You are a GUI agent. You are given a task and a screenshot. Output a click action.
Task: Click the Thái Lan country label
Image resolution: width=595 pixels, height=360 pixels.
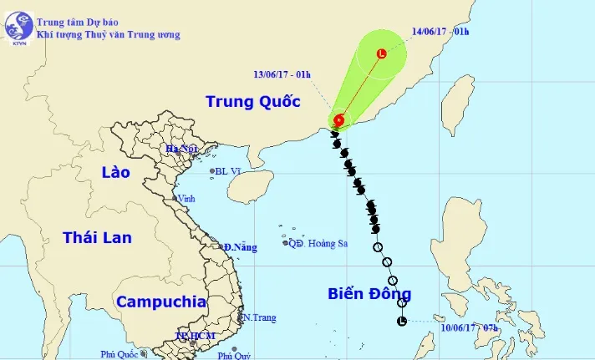pyautogui.click(x=97, y=238)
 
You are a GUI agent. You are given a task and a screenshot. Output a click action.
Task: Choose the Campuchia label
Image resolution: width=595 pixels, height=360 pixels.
pyautogui.click(x=161, y=302)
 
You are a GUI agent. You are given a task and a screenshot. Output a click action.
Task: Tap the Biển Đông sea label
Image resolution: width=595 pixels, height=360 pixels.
pyautogui.click(x=369, y=294)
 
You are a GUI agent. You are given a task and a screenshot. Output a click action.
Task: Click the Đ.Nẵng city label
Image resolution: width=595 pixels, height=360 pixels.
pyautogui.click(x=241, y=247)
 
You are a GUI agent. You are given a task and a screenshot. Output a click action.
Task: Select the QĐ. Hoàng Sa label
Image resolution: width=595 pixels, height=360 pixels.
pyautogui.click(x=318, y=244)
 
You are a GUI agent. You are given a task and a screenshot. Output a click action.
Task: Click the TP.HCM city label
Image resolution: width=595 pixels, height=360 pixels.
pyautogui.click(x=195, y=336)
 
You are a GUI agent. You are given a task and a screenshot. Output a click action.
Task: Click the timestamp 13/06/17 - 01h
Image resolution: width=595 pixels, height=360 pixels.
pyautogui.click(x=281, y=74)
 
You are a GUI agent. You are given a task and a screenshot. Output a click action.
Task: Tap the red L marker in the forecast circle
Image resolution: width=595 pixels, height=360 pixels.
pyautogui.click(x=382, y=53)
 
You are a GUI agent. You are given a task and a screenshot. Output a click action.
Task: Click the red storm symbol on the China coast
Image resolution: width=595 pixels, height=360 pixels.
pyautogui.click(x=339, y=120)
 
